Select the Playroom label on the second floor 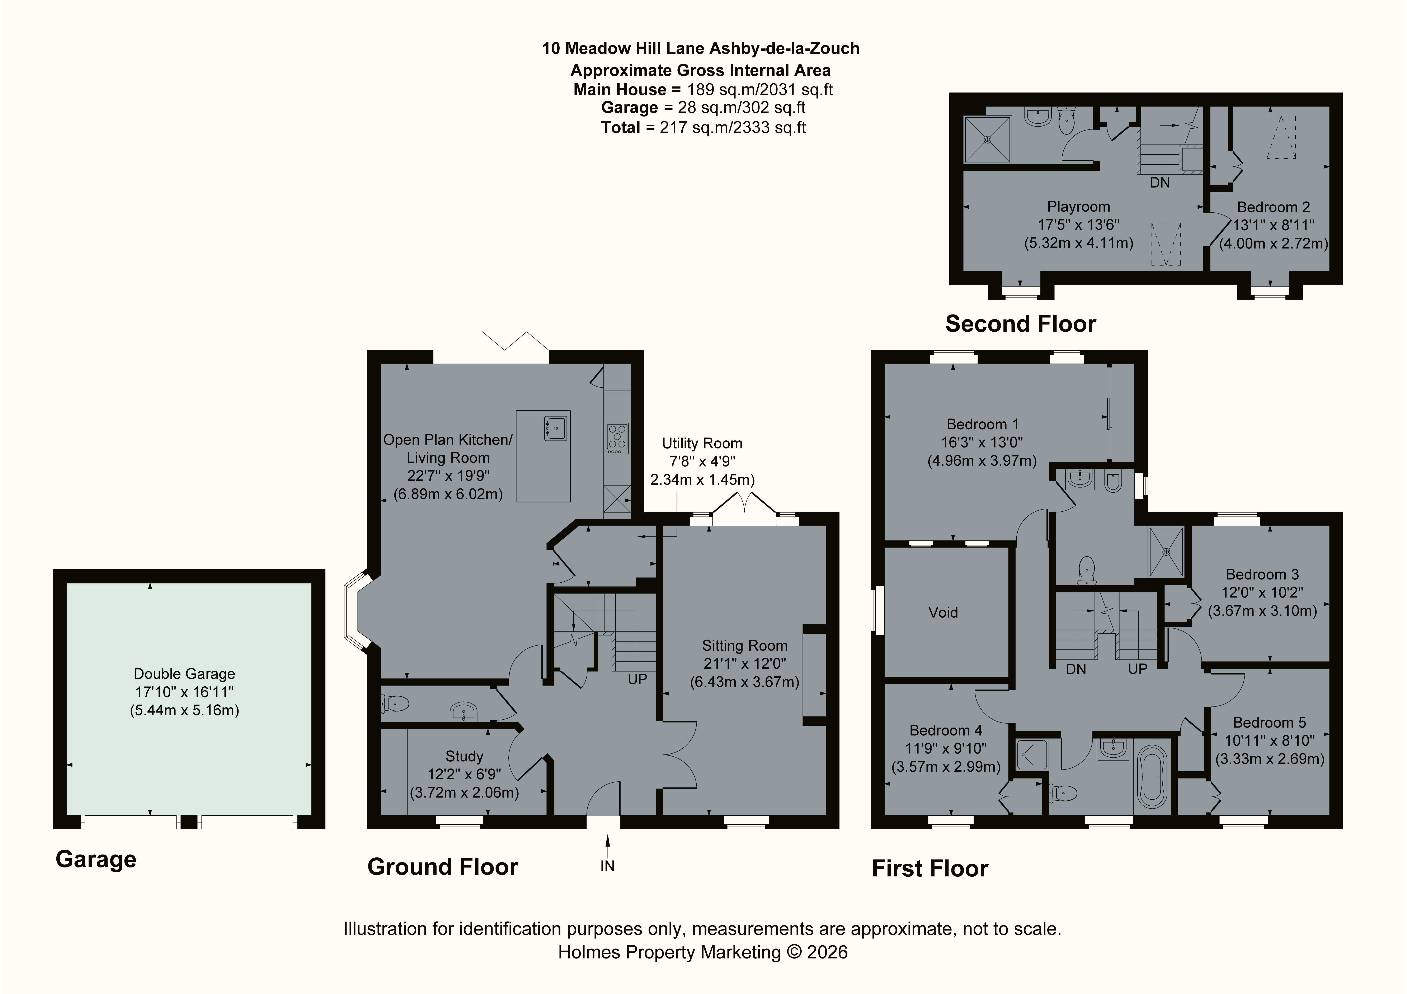pyautogui.click(x=1078, y=207)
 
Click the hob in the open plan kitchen pyautogui.click(x=617, y=439)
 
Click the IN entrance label pyautogui.click(x=607, y=866)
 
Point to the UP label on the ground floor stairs pyautogui.click(x=637, y=679)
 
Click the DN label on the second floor pyautogui.click(x=1159, y=183)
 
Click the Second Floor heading pyautogui.click(x=1020, y=323)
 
